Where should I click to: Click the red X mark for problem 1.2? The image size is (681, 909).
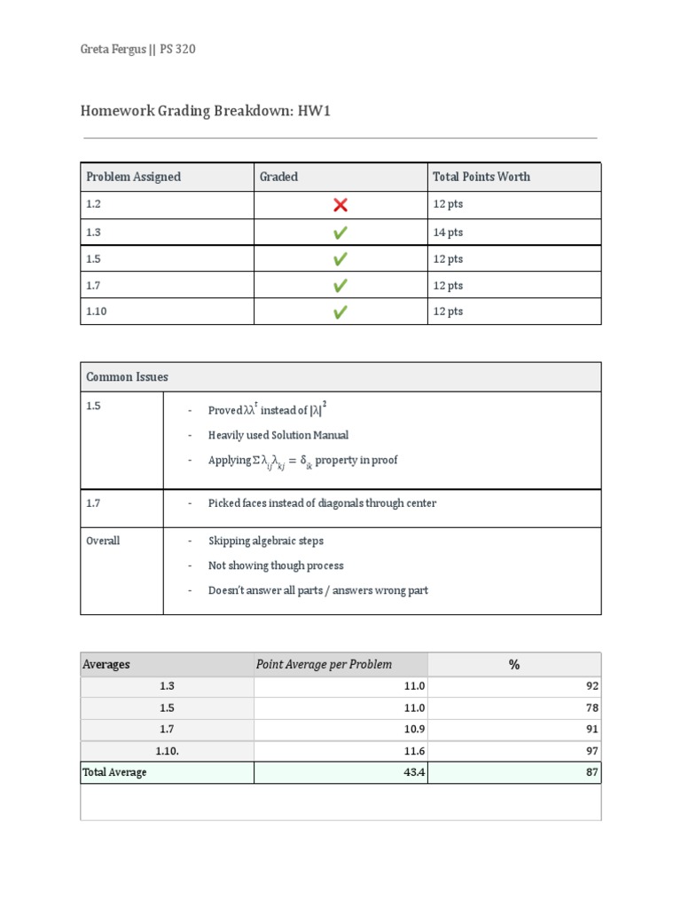coord(340,205)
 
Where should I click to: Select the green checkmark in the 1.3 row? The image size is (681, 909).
coord(340,233)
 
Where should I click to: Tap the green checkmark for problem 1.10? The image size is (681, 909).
coord(340,312)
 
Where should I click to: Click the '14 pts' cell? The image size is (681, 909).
coord(448,233)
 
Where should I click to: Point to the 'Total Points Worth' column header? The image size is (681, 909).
coord(481,177)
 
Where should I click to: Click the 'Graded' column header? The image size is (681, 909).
coord(278,177)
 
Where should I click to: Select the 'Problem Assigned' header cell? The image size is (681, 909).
coord(133,177)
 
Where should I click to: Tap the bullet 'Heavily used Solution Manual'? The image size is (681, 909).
coord(278,435)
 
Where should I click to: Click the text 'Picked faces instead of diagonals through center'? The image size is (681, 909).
coord(322,503)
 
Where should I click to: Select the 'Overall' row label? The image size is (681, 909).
coord(103,541)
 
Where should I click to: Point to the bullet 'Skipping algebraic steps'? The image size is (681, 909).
coord(266,541)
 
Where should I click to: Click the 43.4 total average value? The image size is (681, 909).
coord(413,772)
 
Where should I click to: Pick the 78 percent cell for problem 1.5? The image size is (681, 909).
coord(591,707)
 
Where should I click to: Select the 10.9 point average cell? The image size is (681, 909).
coord(414,729)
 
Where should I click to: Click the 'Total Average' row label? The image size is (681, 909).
coord(114,772)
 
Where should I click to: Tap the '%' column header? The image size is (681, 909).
coord(513,665)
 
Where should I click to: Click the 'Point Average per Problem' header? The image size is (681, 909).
coord(324,665)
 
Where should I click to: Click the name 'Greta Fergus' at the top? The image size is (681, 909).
coord(113,50)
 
